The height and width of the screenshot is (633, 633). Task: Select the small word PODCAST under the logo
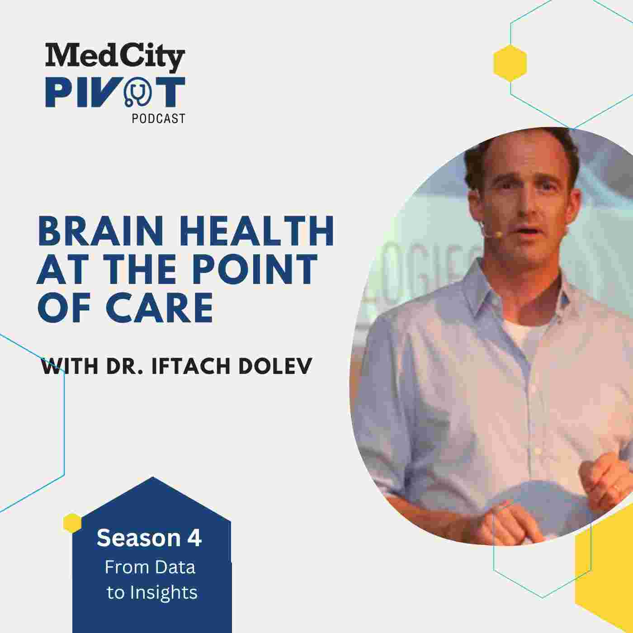click(158, 118)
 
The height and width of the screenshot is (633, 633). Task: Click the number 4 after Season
click(195, 539)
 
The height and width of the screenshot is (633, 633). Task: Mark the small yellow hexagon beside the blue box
click(72, 523)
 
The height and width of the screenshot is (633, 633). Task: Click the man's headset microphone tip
click(498, 234)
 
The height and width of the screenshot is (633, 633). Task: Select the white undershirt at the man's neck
click(522, 332)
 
